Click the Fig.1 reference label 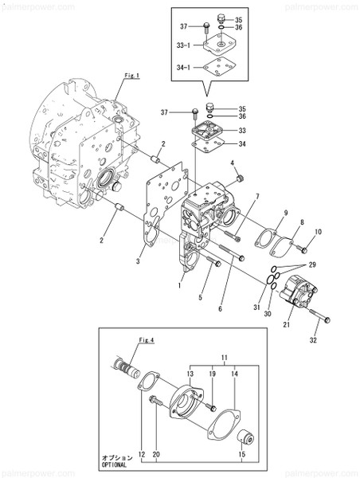(132, 75)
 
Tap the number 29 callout (312, 263)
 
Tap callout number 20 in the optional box (157, 455)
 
